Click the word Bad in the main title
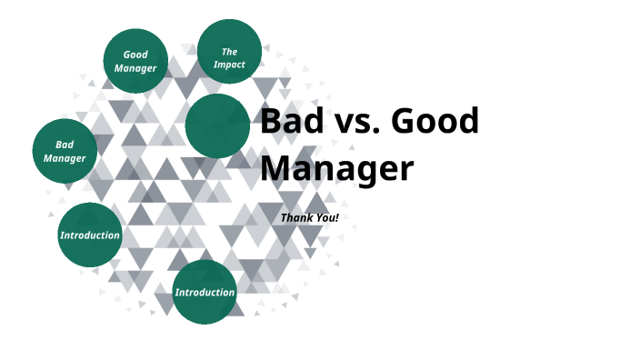pos(290,122)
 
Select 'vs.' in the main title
pos(355,122)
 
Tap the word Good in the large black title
pos(435,122)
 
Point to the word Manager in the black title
pos(336,169)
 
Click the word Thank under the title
pos(297,218)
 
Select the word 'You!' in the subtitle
pos(327,218)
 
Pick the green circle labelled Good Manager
pos(135,61)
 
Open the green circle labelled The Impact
pos(229,51)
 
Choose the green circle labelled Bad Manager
pos(65,151)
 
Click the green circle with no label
pos(217,125)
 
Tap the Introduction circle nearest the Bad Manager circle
pos(89,235)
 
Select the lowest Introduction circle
pos(205,292)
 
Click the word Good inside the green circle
pos(135,55)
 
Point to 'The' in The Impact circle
pos(230,52)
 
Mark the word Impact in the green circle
pos(230,65)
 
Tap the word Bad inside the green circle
pos(65,145)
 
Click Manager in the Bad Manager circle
pos(65,158)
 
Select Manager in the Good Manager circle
pos(135,68)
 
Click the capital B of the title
pos(272,122)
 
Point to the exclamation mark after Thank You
pos(336,218)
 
